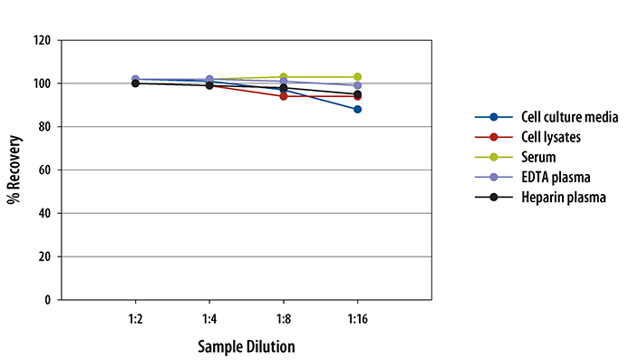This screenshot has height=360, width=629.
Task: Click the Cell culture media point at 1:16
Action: (x=358, y=109)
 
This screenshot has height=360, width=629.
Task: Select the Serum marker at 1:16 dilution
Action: (x=358, y=77)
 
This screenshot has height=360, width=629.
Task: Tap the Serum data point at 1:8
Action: (x=284, y=77)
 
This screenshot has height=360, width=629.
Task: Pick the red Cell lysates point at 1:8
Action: (x=284, y=96)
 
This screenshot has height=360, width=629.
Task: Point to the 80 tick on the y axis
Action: (x=44, y=127)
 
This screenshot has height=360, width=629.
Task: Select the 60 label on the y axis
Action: (x=44, y=170)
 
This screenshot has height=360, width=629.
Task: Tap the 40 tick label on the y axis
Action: (x=44, y=213)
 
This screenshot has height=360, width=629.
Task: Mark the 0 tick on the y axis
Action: (x=47, y=299)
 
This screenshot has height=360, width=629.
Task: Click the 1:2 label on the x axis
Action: (x=135, y=320)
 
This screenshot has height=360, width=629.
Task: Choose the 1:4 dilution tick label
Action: (x=209, y=320)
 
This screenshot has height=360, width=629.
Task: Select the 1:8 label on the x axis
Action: (x=284, y=320)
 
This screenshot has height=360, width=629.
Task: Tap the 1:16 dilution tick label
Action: (x=358, y=320)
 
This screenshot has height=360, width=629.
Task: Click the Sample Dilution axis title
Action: (x=247, y=346)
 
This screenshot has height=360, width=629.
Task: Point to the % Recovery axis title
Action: (x=15, y=170)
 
